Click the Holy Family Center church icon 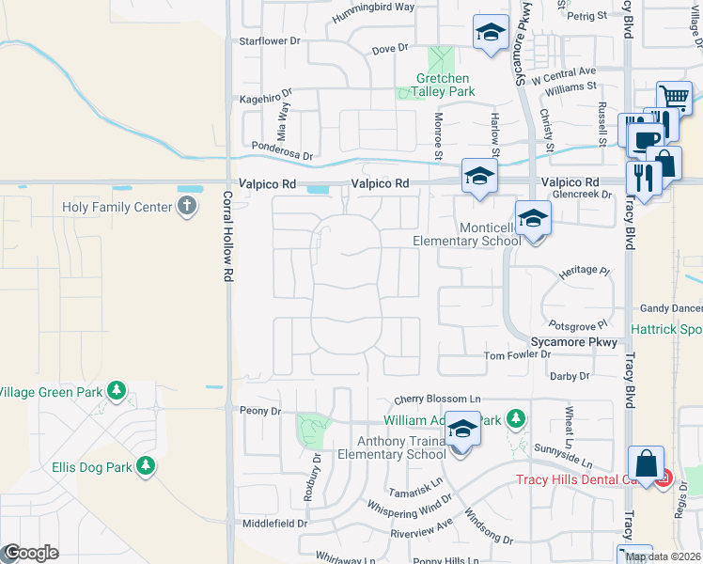(x=187, y=207)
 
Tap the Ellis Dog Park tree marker (x=146, y=465)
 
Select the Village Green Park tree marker (x=117, y=390)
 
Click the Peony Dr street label (x=262, y=412)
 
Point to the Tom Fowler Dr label (x=517, y=354)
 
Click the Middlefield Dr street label (x=275, y=523)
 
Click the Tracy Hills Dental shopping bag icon (x=647, y=463)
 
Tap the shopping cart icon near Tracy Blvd (x=674, y=97)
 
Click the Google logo (x=30, y=554)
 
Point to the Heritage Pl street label (x=585, y=270)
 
